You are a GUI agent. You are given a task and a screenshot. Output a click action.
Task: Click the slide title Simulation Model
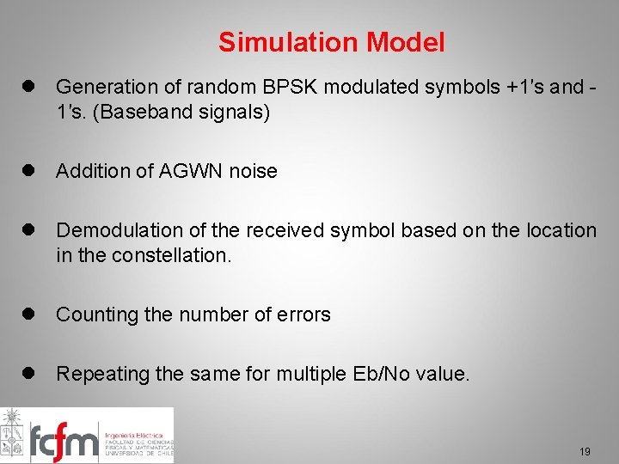point(331,42)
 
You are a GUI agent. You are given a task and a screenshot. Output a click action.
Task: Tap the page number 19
point(585,451)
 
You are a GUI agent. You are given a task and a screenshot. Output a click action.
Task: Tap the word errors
point(304,315)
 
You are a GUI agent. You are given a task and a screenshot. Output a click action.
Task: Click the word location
point(559,231)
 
